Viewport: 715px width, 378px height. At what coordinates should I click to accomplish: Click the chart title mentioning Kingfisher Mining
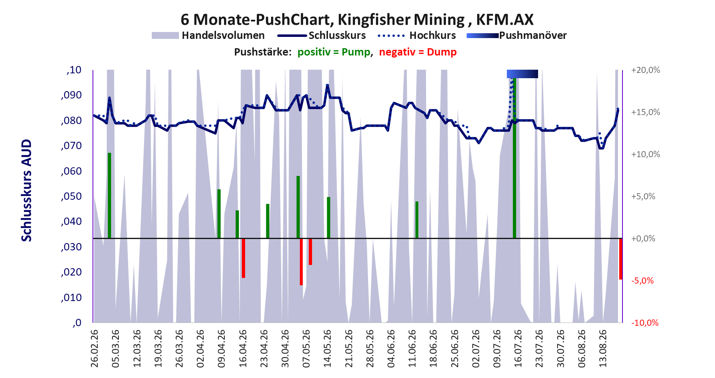[x=357, y=19]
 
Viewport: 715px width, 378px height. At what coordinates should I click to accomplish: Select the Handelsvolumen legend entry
[x=208, y=36]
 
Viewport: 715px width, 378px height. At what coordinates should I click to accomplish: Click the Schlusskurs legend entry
[x=321, y=36]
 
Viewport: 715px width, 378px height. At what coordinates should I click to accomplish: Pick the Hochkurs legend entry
[x=417, y=36]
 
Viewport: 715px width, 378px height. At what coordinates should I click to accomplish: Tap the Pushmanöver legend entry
[x=517, y=36]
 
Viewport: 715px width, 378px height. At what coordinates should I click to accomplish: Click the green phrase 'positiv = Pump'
[x=334, y=52]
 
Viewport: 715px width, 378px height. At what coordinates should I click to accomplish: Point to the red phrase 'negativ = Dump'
[x=418, y=52]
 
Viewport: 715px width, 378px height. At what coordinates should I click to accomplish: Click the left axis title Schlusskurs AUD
[x=26, y=190]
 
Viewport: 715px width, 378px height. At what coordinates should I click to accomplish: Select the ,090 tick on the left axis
[x=71, y=96]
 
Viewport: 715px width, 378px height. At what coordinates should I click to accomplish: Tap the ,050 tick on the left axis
[x=71, y=196]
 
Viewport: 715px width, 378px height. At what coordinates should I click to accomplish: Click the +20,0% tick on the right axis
[x=646, y=70]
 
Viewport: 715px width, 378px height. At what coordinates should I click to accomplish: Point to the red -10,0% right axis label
[x=645, y=323]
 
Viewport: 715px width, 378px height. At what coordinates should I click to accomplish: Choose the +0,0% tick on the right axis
[x=643, y=239]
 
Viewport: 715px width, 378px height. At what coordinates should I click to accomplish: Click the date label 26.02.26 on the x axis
[x=95, y=348]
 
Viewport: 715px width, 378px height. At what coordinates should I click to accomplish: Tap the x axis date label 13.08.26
[x=603, y=348]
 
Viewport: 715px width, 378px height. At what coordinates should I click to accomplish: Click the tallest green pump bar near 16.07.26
[x=515, y=158]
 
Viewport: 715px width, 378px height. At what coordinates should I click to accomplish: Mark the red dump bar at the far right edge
[x=621, y=259]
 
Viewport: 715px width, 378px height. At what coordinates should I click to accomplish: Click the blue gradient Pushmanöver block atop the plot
[x=522, y=74]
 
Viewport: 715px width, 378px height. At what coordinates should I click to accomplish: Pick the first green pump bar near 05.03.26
[x=110, y=196]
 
